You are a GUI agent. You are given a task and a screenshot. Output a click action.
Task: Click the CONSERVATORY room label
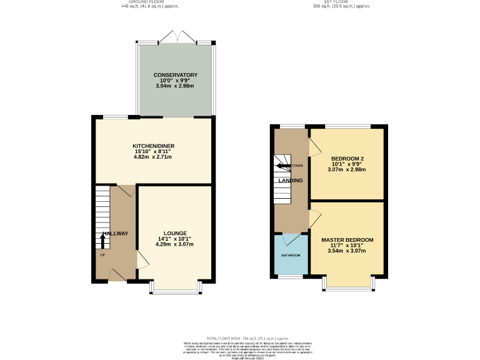pyautogui.click(x=176, y=75)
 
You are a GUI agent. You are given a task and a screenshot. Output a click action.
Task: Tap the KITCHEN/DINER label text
pyautogui.click(x=152, y=145)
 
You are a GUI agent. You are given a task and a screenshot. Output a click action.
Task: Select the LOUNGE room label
pyautogui.click(x=174, y=233)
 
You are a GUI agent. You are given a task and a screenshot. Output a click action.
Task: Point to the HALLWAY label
pyautogui.click(x=115, y=233)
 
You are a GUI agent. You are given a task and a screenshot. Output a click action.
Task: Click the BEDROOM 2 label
pyautogui.click(x=347, y=158)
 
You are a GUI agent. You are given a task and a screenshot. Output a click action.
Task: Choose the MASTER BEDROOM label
pyautogui.click(x=347, y=240)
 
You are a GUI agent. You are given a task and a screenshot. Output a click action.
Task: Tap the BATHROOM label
pyautogui.click(x=291, y=256)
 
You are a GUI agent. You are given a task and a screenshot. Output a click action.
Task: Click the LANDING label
pyautogui.click(x=291, y=181)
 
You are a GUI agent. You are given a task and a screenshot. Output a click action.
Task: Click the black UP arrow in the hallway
pyautogui.click(x=104, y=241)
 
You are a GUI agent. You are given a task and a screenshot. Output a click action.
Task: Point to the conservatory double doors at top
pyautogui.click(x=176, y=37)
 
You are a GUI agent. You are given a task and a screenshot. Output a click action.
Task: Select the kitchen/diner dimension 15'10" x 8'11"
pyautogui.click(x=152, y=151)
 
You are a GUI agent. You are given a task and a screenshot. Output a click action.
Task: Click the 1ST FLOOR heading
pyautogui.click(x=342, y=2)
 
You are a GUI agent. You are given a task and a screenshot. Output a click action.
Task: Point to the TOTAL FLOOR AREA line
pyautogui.click(x=239, y=337)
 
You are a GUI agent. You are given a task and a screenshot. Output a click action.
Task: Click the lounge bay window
pyautogui.click(x=176, y=287)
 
